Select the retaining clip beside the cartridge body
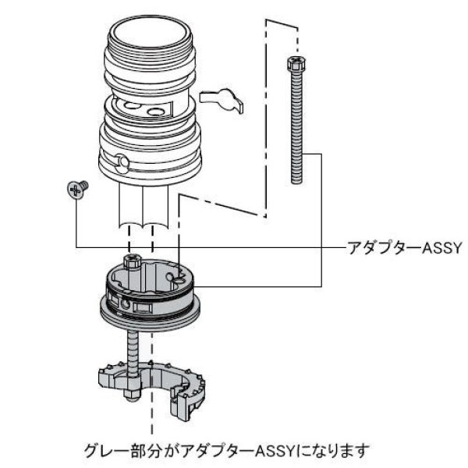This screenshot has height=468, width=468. pyautogui.click(x=221, y=99)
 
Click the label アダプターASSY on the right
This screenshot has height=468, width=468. pyautogui.click(x=405, y=248)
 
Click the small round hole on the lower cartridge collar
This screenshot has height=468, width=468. pyautogui.click(x=121, y=161)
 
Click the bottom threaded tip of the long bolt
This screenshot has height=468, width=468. pyautogui.click(x=296, y=180)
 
